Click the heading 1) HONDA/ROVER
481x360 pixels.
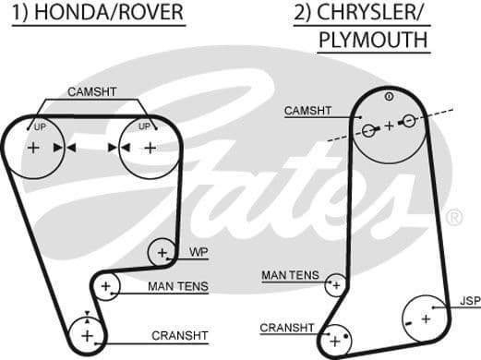tap(97, 14)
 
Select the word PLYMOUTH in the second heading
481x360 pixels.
tap(373, 40)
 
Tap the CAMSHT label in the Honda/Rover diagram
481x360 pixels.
tap(91, 91)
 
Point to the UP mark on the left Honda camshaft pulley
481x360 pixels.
tap(40, 126)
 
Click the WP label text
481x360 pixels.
tap(198, 252)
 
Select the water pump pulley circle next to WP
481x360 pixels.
tap(162, 251)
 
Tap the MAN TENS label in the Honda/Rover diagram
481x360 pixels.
tap(177, 287)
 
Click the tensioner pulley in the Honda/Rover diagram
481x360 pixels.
tap(105, 287)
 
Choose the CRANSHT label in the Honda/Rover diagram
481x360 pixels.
tap(179, 335)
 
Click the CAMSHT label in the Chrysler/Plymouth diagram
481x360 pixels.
tap(307, 111)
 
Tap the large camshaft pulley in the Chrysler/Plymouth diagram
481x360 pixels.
tap(389, 124)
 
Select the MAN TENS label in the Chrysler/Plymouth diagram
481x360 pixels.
tap(290, 275)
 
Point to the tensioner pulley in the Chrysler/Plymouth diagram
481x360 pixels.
tap(335, 287)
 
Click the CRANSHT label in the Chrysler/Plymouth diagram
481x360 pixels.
tap(287, 328)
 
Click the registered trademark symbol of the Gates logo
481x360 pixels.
tap(454, 218)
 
